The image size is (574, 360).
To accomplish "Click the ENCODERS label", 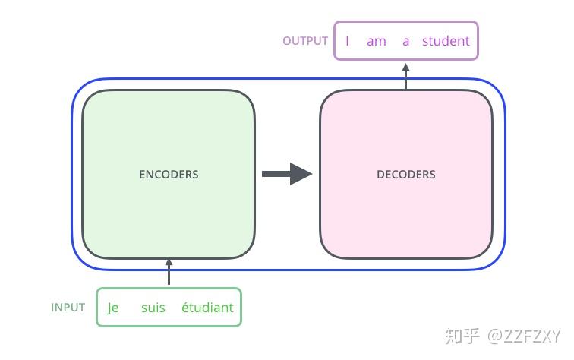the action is (x=169, y=175).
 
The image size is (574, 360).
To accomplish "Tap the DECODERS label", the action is (x=406, y=175).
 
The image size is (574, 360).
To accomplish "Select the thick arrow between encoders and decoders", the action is (x=287, y=174).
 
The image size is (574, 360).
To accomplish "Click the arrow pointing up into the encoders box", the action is (x=169, y=272).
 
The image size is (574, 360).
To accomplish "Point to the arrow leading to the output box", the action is (x=405, y=76).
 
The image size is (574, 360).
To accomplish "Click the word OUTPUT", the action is (x=305, y=41).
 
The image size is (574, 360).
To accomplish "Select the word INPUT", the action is (x=68, y=308).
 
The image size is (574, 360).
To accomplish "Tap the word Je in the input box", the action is (x=112, y=308).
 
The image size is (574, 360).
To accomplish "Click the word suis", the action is (x=153, y=308).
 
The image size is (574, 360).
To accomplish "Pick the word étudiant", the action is (x=207, y=307).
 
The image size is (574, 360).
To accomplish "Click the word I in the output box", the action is (x=347, y=41).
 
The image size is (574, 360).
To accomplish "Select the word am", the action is (x=377, y=41).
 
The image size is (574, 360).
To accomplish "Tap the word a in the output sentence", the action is (x=405, y=42).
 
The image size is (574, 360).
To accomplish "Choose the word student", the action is (x=446, y=41).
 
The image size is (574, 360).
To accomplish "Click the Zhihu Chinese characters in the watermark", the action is (x=462, y=336).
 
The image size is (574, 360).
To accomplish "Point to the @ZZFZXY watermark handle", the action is (x=524, y=336).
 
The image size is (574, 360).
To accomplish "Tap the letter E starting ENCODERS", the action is (x=142, y=175).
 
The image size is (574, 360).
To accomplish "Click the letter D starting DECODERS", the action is (x=380, y=175).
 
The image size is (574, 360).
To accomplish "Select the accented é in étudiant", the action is (x=185, y=307).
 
